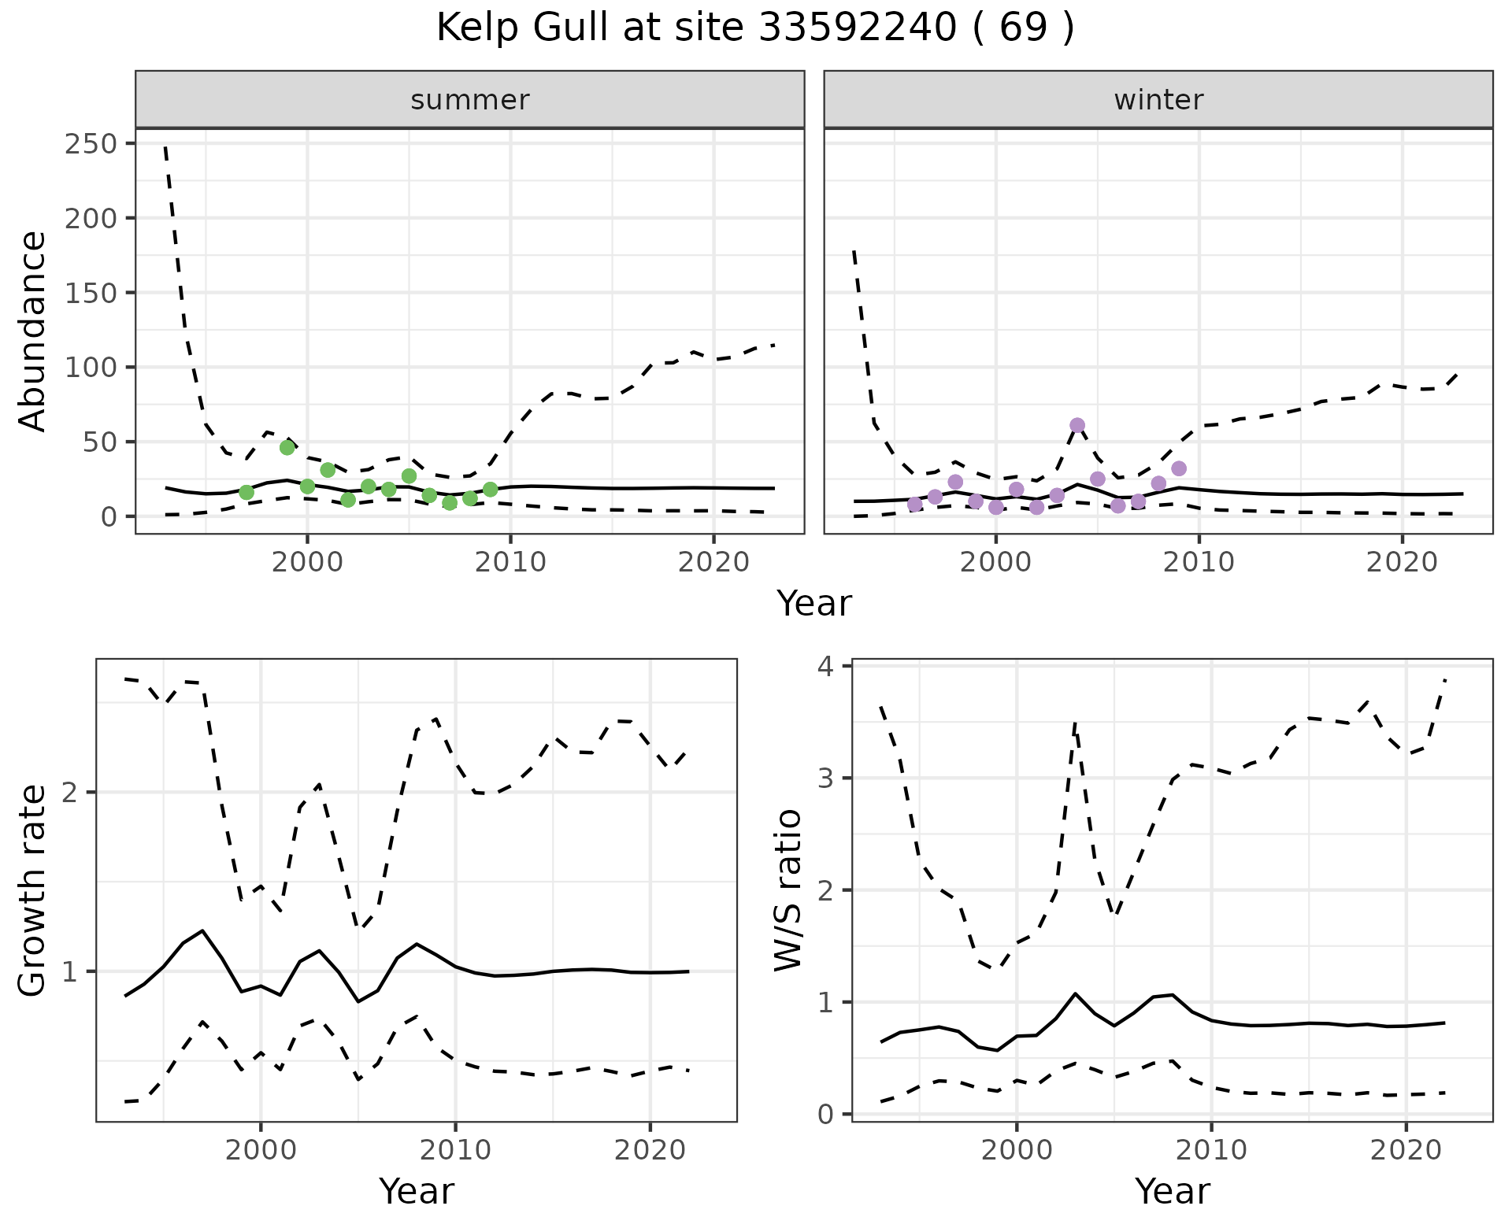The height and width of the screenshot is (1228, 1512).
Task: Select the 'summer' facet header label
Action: (470, 100)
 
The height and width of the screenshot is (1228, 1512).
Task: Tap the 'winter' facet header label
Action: (1158, 100)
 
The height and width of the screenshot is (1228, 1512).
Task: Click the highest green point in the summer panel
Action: (287, 447)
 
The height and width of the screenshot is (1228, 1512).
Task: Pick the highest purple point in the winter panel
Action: (1077, 425)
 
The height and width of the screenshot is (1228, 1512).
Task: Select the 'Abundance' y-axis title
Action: (33, 331)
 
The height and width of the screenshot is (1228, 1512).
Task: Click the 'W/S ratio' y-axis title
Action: (787, 890)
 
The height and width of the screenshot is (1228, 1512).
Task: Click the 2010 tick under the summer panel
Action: (510, 564)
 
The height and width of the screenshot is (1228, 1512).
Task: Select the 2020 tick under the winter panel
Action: (1402, 564)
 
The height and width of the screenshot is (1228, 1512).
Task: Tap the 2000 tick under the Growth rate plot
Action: (261, 1151)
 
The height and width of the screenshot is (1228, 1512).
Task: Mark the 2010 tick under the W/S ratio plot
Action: (1211, 1151)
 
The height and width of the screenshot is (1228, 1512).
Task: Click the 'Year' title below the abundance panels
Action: (814, 604)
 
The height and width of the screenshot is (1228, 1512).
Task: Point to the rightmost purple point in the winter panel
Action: (1179, 468)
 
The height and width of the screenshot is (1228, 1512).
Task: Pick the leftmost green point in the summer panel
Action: (246, 492)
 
